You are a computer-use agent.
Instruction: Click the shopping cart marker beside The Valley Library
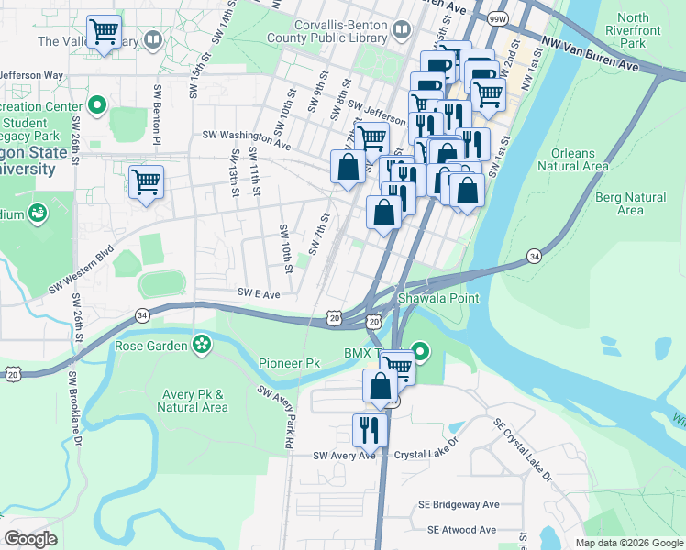point(104,32)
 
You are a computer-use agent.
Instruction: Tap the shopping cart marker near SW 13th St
point(146,181)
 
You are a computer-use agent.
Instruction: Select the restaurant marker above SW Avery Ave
point(370,429)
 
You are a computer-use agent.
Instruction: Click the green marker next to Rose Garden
point(201,346)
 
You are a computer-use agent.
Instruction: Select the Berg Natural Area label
point(630,203)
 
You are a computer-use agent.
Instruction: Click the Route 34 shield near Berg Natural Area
point(534,256)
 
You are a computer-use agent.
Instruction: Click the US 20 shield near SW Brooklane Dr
point(12,374)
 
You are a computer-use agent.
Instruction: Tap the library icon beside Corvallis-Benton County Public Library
point(401,31)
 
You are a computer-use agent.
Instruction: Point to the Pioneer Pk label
point(289,363)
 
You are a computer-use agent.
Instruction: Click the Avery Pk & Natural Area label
point(194,401)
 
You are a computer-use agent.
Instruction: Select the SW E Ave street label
point(259,294)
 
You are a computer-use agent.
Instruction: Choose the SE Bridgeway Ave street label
point(463,504)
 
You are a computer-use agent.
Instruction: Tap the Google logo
point(30,539)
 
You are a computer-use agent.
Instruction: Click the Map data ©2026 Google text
point(628,543)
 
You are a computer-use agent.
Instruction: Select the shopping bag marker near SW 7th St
point(348,168)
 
